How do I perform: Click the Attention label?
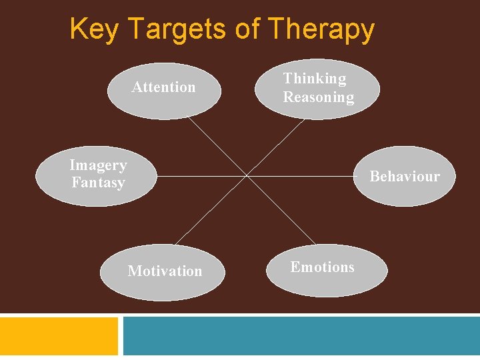pos(163,87)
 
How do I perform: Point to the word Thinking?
pos(315,79)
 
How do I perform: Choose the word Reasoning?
pos(319,97)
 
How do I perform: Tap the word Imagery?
pos(98,165)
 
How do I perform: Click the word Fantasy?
pos(98,182)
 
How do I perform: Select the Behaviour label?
pos(405,177)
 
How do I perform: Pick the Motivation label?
pos(165,271)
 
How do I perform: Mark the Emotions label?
pos(322,267)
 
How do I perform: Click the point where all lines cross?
pos(247,176)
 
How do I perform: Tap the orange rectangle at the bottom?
pos(59,337)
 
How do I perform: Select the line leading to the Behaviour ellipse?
pos(300,176)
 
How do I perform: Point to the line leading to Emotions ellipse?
pos(280,209)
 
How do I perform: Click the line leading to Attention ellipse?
pos(217,147)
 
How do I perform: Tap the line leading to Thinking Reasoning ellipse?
pos(277,147)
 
